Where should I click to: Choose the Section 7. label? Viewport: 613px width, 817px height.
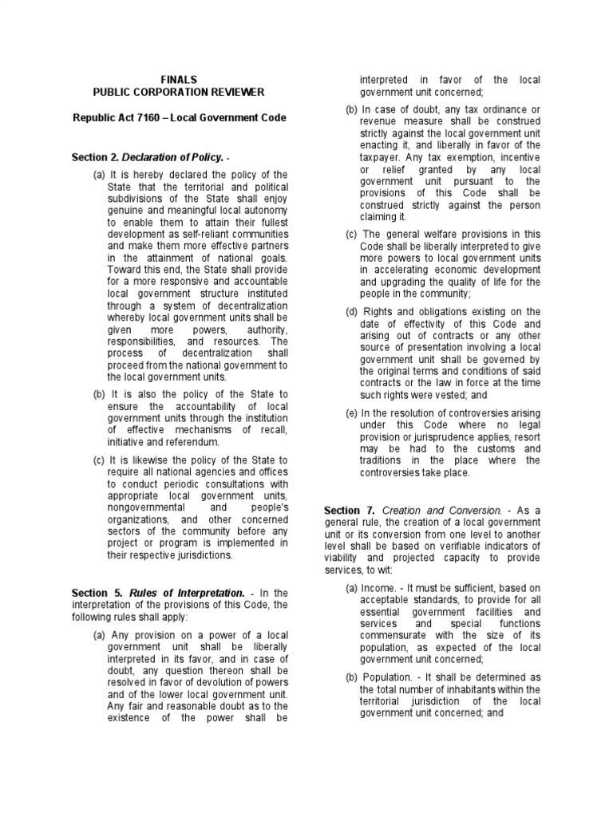click(349, 509)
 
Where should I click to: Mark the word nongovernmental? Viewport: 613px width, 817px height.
click(146, 508)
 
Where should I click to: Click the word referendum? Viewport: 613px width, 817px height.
click(193, 441)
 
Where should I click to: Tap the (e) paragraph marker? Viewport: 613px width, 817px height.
click(351, 412)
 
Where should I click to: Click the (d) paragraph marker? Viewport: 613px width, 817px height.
click(351, 312)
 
